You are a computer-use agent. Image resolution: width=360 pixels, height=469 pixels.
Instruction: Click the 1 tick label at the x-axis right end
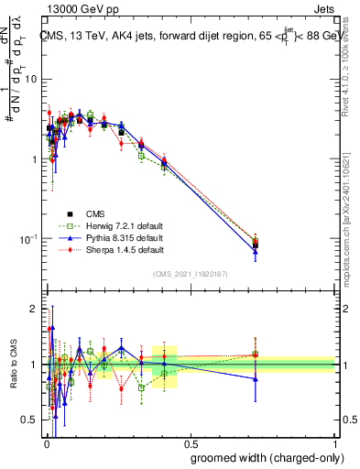[334, 442]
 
